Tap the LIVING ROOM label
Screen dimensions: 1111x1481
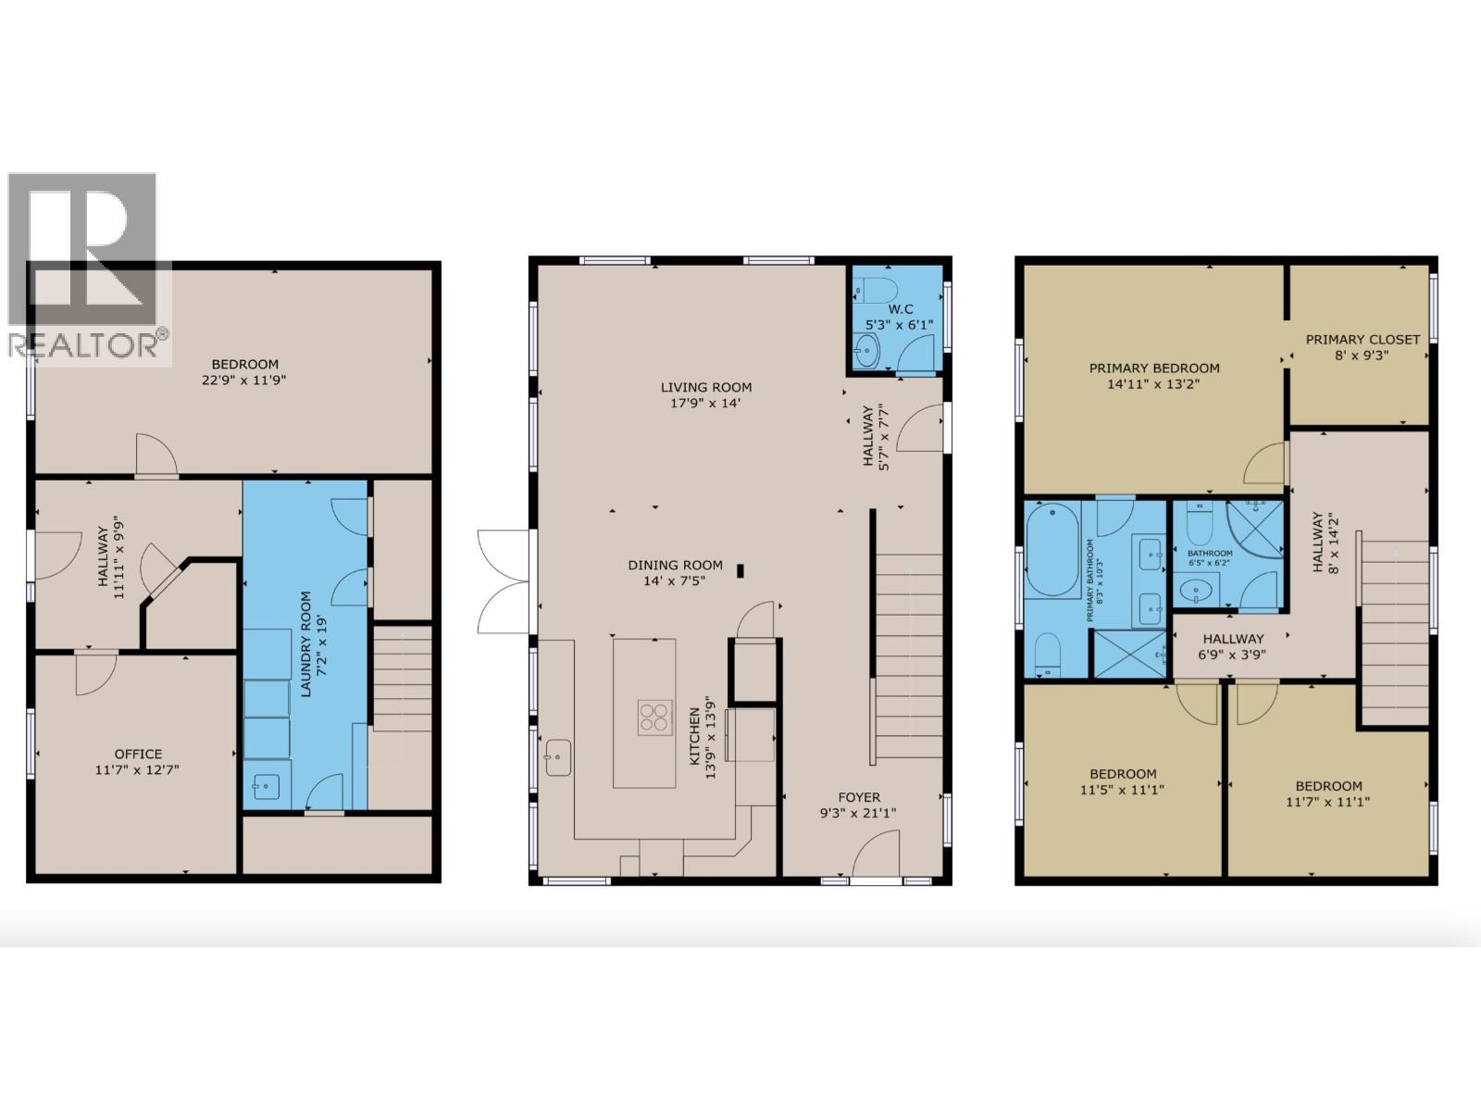(x=705, y=387)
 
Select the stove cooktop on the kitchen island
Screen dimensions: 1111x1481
(x=653, y=718)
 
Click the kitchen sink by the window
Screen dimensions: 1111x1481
(x=558, y=757)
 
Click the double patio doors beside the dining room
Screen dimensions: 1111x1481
(x=504, y=581)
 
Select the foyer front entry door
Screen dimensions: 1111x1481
(x=876, y=856)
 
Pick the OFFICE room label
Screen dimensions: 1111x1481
(x=138, y=754)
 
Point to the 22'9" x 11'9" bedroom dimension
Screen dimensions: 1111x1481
(x=244, y=380)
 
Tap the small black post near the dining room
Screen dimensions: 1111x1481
(x=740, y=570)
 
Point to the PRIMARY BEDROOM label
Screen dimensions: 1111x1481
(x=1153, y=368)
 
